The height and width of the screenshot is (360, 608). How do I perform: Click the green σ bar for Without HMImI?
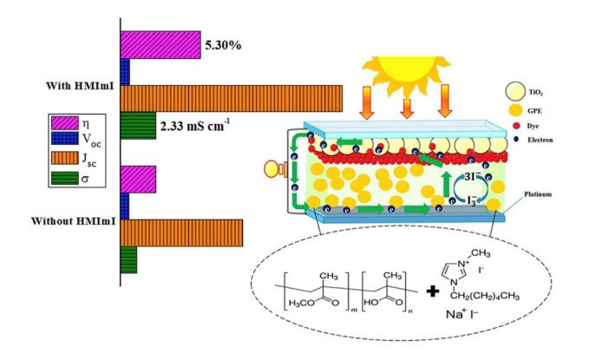[128, 259]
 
